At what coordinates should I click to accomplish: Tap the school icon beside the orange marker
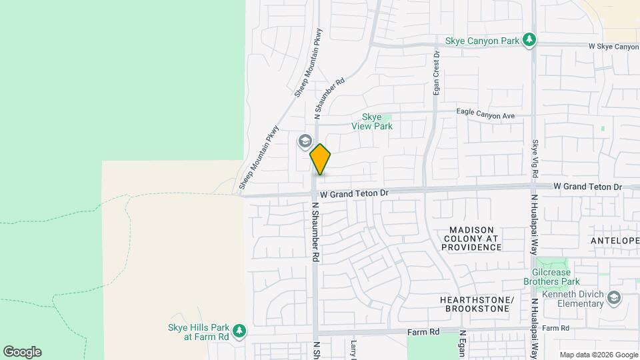coord(305,141)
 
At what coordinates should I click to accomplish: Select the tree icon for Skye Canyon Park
coord(529,41)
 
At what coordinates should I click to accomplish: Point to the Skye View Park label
coord(372,121)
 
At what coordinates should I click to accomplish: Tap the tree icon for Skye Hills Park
coord(239,331)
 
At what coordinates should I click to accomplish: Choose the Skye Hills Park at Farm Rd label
coord(198,332)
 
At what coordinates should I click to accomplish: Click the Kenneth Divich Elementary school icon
coord(614,297)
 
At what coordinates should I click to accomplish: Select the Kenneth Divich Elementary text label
coord(573,299)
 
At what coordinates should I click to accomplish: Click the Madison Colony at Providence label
coord(471,238)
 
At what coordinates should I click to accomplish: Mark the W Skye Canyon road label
coord(613,47)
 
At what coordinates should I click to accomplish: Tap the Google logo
coord(22,352)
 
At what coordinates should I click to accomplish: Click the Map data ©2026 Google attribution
coord(599,355)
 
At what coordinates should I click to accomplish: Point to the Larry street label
coord(353,349)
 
